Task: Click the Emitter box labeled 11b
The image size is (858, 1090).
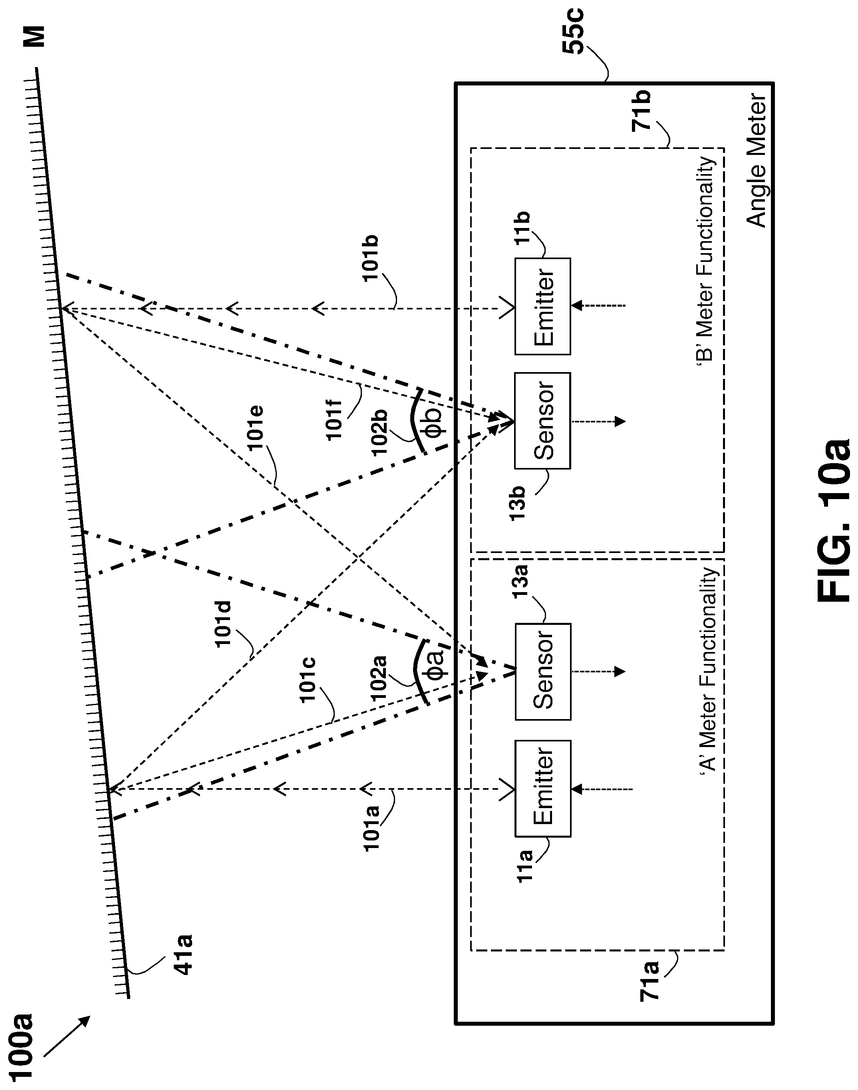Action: pyautogui.click(x=542, y=306)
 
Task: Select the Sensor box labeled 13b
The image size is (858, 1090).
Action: pyautogui.click(x=542, y=421)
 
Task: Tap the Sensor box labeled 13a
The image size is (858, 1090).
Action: pyautogui.click(x=542, y=672)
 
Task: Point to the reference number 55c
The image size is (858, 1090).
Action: pyautogui.click(x=573, y=31)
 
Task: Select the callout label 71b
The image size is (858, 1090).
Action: pyautogui.click(x=642, y=111)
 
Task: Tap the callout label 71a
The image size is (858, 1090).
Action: pyautogui.click(x=649, y=981)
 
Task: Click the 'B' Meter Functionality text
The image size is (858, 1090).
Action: pyautogui.click(x=706, y=259)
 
